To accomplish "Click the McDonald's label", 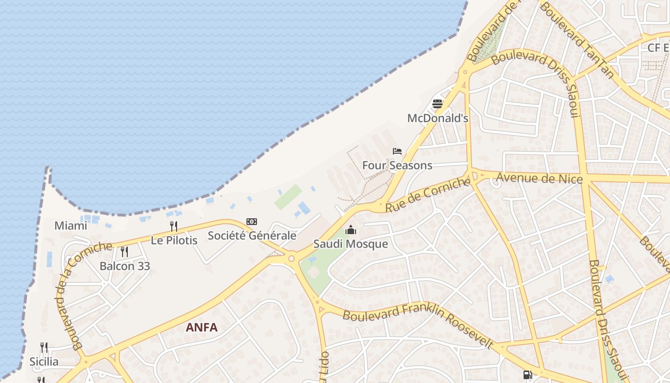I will [x=437, y=118].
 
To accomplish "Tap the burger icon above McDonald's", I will [x=437, y=103].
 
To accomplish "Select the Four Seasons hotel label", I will [x=397, y=166].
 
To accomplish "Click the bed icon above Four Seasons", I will [x=397, y=151].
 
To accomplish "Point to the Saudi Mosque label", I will [x=351, y=244].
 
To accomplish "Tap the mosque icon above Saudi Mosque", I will [x=351, y=230].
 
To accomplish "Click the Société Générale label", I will [x=252, y=236].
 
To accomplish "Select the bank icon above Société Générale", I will [x=252, y=222].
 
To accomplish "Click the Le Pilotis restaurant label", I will [x=174, y=240].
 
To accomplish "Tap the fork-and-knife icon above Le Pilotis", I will [x=174, y=226].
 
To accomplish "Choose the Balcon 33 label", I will [x=125, y=266].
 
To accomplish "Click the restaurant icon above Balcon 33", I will [x=124, y=251].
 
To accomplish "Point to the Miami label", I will [x=71, y=225].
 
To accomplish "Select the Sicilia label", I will [x=44, y=361].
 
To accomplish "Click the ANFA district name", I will [x=201, y=327].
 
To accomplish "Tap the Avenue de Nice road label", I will [x=539, y=179].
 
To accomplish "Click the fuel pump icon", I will [x=527, y=375].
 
